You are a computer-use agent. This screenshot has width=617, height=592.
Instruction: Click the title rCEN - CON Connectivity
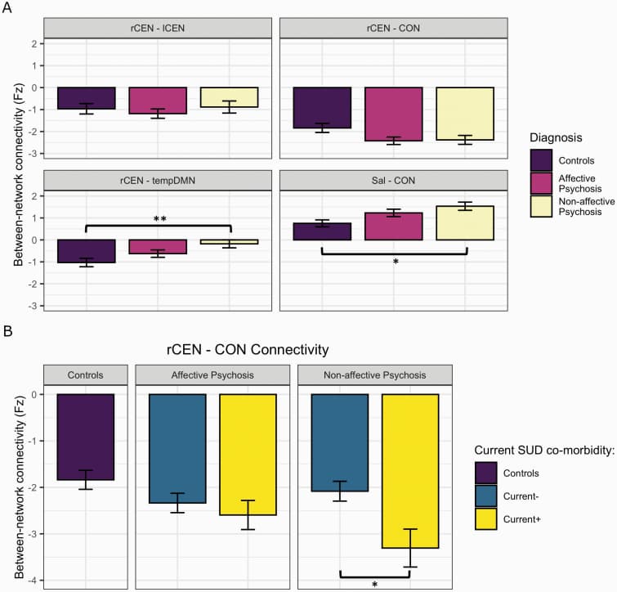click(245, 350)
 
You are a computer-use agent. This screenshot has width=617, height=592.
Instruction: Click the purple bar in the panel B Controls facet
click(85, 437)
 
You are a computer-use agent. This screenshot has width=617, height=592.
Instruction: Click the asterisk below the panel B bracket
click(374, 585)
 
